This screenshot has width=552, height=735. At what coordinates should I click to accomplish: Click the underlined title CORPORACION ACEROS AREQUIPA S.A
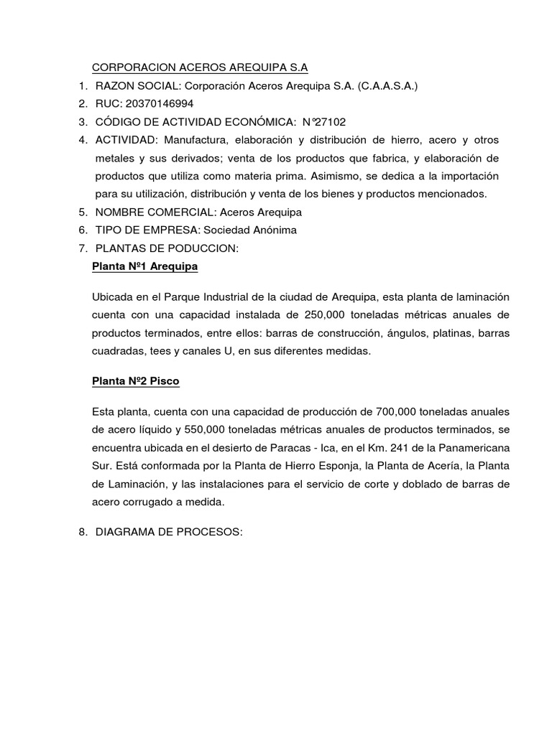pyautogui.click(x=200, y=67)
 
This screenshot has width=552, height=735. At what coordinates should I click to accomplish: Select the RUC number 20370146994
pyautogui.click(x=160, y=103)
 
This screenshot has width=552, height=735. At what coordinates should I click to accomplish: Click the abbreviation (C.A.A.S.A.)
pyautogui.click(x=382, y=85)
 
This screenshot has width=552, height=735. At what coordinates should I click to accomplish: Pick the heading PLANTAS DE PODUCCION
pyautogui.click(x=167, y=248)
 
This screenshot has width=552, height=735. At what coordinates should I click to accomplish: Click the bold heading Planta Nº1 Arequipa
pyautogui.click(x=145, y=266)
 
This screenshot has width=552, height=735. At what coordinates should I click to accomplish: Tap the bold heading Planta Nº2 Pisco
pyautogui.click(x=136, y=381)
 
